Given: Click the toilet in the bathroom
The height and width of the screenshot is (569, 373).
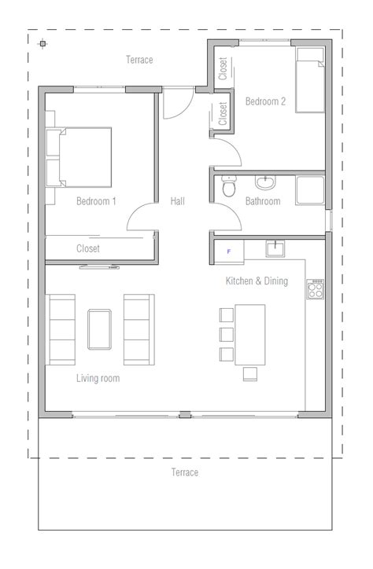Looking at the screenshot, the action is [229, 185].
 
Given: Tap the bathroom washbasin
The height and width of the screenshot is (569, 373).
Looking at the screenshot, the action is [265, 182].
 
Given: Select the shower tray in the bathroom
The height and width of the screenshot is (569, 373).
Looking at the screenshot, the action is [310, 190].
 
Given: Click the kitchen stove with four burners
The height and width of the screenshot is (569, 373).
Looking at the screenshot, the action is [315, 289].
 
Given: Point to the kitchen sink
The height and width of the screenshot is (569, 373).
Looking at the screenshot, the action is [275, 249].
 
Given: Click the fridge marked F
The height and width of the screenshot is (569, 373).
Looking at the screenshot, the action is [229, 251].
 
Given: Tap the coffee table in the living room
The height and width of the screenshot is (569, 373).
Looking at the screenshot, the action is [99, 329].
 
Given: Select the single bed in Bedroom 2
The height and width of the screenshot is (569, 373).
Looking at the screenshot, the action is [310, 80].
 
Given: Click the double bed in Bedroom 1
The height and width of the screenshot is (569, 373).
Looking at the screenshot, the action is [79, 157].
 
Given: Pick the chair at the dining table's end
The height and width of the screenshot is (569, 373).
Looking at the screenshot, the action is [250, 374].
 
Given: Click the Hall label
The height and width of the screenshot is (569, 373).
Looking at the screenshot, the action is [178, 201].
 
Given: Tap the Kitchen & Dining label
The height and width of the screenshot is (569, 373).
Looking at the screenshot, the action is [257, 281].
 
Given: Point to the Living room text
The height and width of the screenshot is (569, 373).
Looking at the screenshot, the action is [98, 379].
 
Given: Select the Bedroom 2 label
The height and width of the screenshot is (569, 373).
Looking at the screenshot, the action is [265, 101].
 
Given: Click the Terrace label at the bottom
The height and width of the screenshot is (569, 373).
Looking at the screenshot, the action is [185, 472].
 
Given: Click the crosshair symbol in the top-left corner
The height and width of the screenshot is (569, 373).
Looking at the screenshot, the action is [42, 44].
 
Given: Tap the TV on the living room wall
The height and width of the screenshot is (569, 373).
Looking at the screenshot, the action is [99, 267].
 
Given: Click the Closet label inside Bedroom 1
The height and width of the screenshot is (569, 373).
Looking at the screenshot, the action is [88, 248].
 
